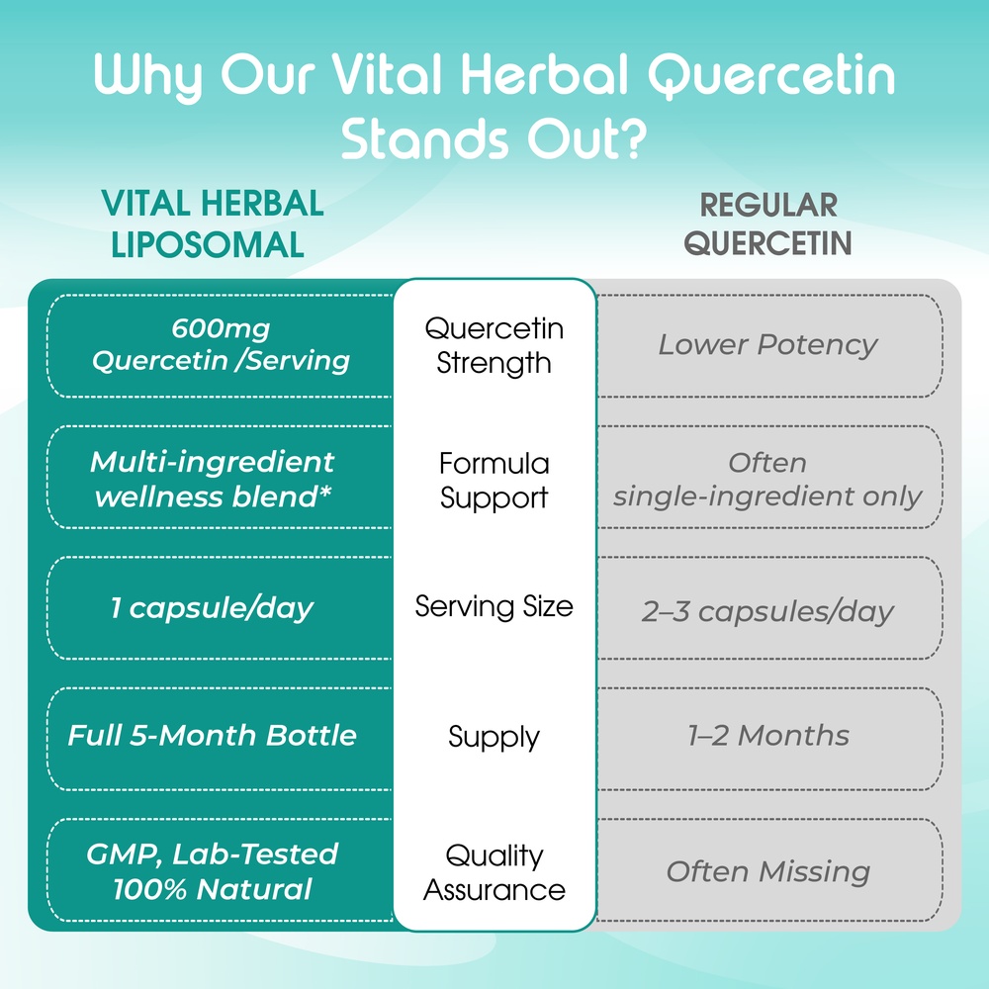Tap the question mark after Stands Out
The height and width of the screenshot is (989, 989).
[x=631, y=138]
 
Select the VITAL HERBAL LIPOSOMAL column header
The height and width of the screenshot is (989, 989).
[x=212, y=224]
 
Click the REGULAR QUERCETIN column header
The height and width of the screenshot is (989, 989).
[x=768, y=224]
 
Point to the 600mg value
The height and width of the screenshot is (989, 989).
[x=221, y=328]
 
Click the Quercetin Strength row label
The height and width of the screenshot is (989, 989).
[x=494, y=345]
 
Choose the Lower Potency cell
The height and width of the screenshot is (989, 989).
[x=767, y=344]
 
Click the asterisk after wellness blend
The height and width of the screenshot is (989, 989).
[x=325, y=492]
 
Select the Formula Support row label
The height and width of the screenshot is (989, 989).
[x=494, y=480]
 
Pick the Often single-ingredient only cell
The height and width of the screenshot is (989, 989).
[x=767, y=480]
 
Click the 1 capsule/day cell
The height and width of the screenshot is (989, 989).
[x=212, y=608]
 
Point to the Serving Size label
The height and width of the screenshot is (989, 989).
[x=494, y=607]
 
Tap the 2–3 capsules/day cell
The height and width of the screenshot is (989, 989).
[x=767, y=610]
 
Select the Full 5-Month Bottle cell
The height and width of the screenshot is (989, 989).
[x=212, y=736]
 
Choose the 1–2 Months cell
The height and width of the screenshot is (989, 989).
[x=768, y=736]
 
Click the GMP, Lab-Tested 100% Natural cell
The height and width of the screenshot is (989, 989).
[x=212, y=871]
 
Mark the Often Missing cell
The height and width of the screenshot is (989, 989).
[x=768, y=871]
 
